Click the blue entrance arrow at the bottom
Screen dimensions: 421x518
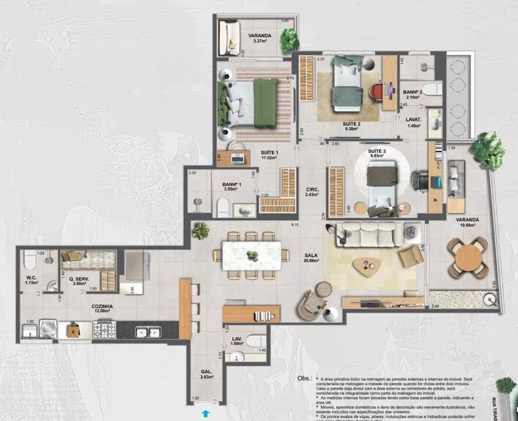click(x=207, y=413)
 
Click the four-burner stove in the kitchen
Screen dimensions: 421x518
click(x=104, y=329)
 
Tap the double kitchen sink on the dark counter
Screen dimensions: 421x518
click(x=148, y=331)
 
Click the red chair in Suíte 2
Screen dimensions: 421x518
click(x=377, y=92)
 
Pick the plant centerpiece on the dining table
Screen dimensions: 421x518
click(x=252, y=255)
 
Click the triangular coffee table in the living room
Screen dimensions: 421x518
click(x=367, y=266)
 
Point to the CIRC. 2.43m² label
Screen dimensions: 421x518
click(x=312, y=192)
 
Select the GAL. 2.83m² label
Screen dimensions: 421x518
click(x=207, y=374)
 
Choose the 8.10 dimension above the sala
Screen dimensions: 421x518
click(x=295, y=225)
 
